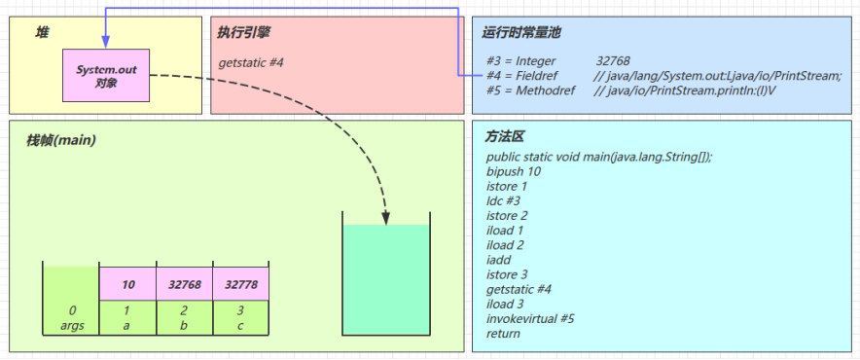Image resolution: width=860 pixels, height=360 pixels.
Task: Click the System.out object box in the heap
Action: point(106,75)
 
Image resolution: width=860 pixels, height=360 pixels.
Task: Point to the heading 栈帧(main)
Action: point(61,140)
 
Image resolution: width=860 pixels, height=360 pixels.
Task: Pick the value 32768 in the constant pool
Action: point(613,62)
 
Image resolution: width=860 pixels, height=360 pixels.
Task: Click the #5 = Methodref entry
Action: point(533,90)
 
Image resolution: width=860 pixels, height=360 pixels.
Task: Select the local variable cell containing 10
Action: point(127,284)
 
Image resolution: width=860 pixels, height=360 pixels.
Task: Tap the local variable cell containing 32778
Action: point(240,284)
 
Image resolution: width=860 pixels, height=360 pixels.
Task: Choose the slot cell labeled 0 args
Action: point(71,317)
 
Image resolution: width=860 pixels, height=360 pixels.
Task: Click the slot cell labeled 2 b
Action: point(184,317)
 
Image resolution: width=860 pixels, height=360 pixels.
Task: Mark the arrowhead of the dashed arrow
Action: point(385,215)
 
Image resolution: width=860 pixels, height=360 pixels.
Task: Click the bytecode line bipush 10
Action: point(514,171)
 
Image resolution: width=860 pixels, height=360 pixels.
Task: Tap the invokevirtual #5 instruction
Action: point(530,318)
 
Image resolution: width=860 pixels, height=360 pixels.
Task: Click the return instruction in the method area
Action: point(503,334)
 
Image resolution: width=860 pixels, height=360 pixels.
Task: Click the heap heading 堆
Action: point(42,32)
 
